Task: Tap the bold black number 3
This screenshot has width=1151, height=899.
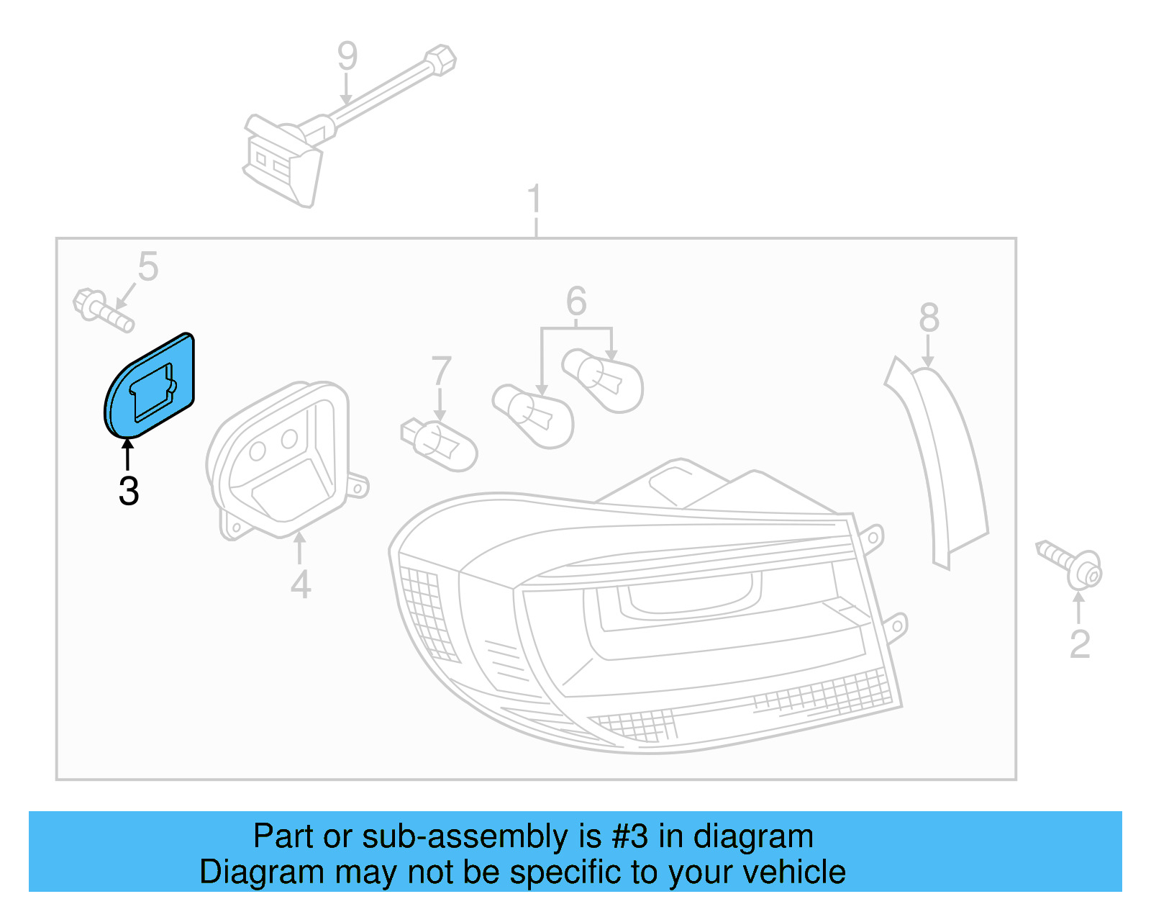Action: tap(129, 492)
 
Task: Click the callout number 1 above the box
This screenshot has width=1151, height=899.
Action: tap(534, 199)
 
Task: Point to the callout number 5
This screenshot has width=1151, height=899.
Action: tap(148, 267)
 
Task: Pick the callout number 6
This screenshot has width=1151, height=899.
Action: tap(576, 301)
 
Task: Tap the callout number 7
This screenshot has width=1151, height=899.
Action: tap(441, 371)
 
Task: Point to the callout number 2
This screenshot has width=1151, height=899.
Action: tap(1080, 644)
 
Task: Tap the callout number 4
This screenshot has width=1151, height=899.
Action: tap(301, 584)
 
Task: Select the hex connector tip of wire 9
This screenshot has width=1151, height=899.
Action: tap(440, 59)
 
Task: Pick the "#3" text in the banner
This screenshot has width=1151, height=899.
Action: tap(630, 836)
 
